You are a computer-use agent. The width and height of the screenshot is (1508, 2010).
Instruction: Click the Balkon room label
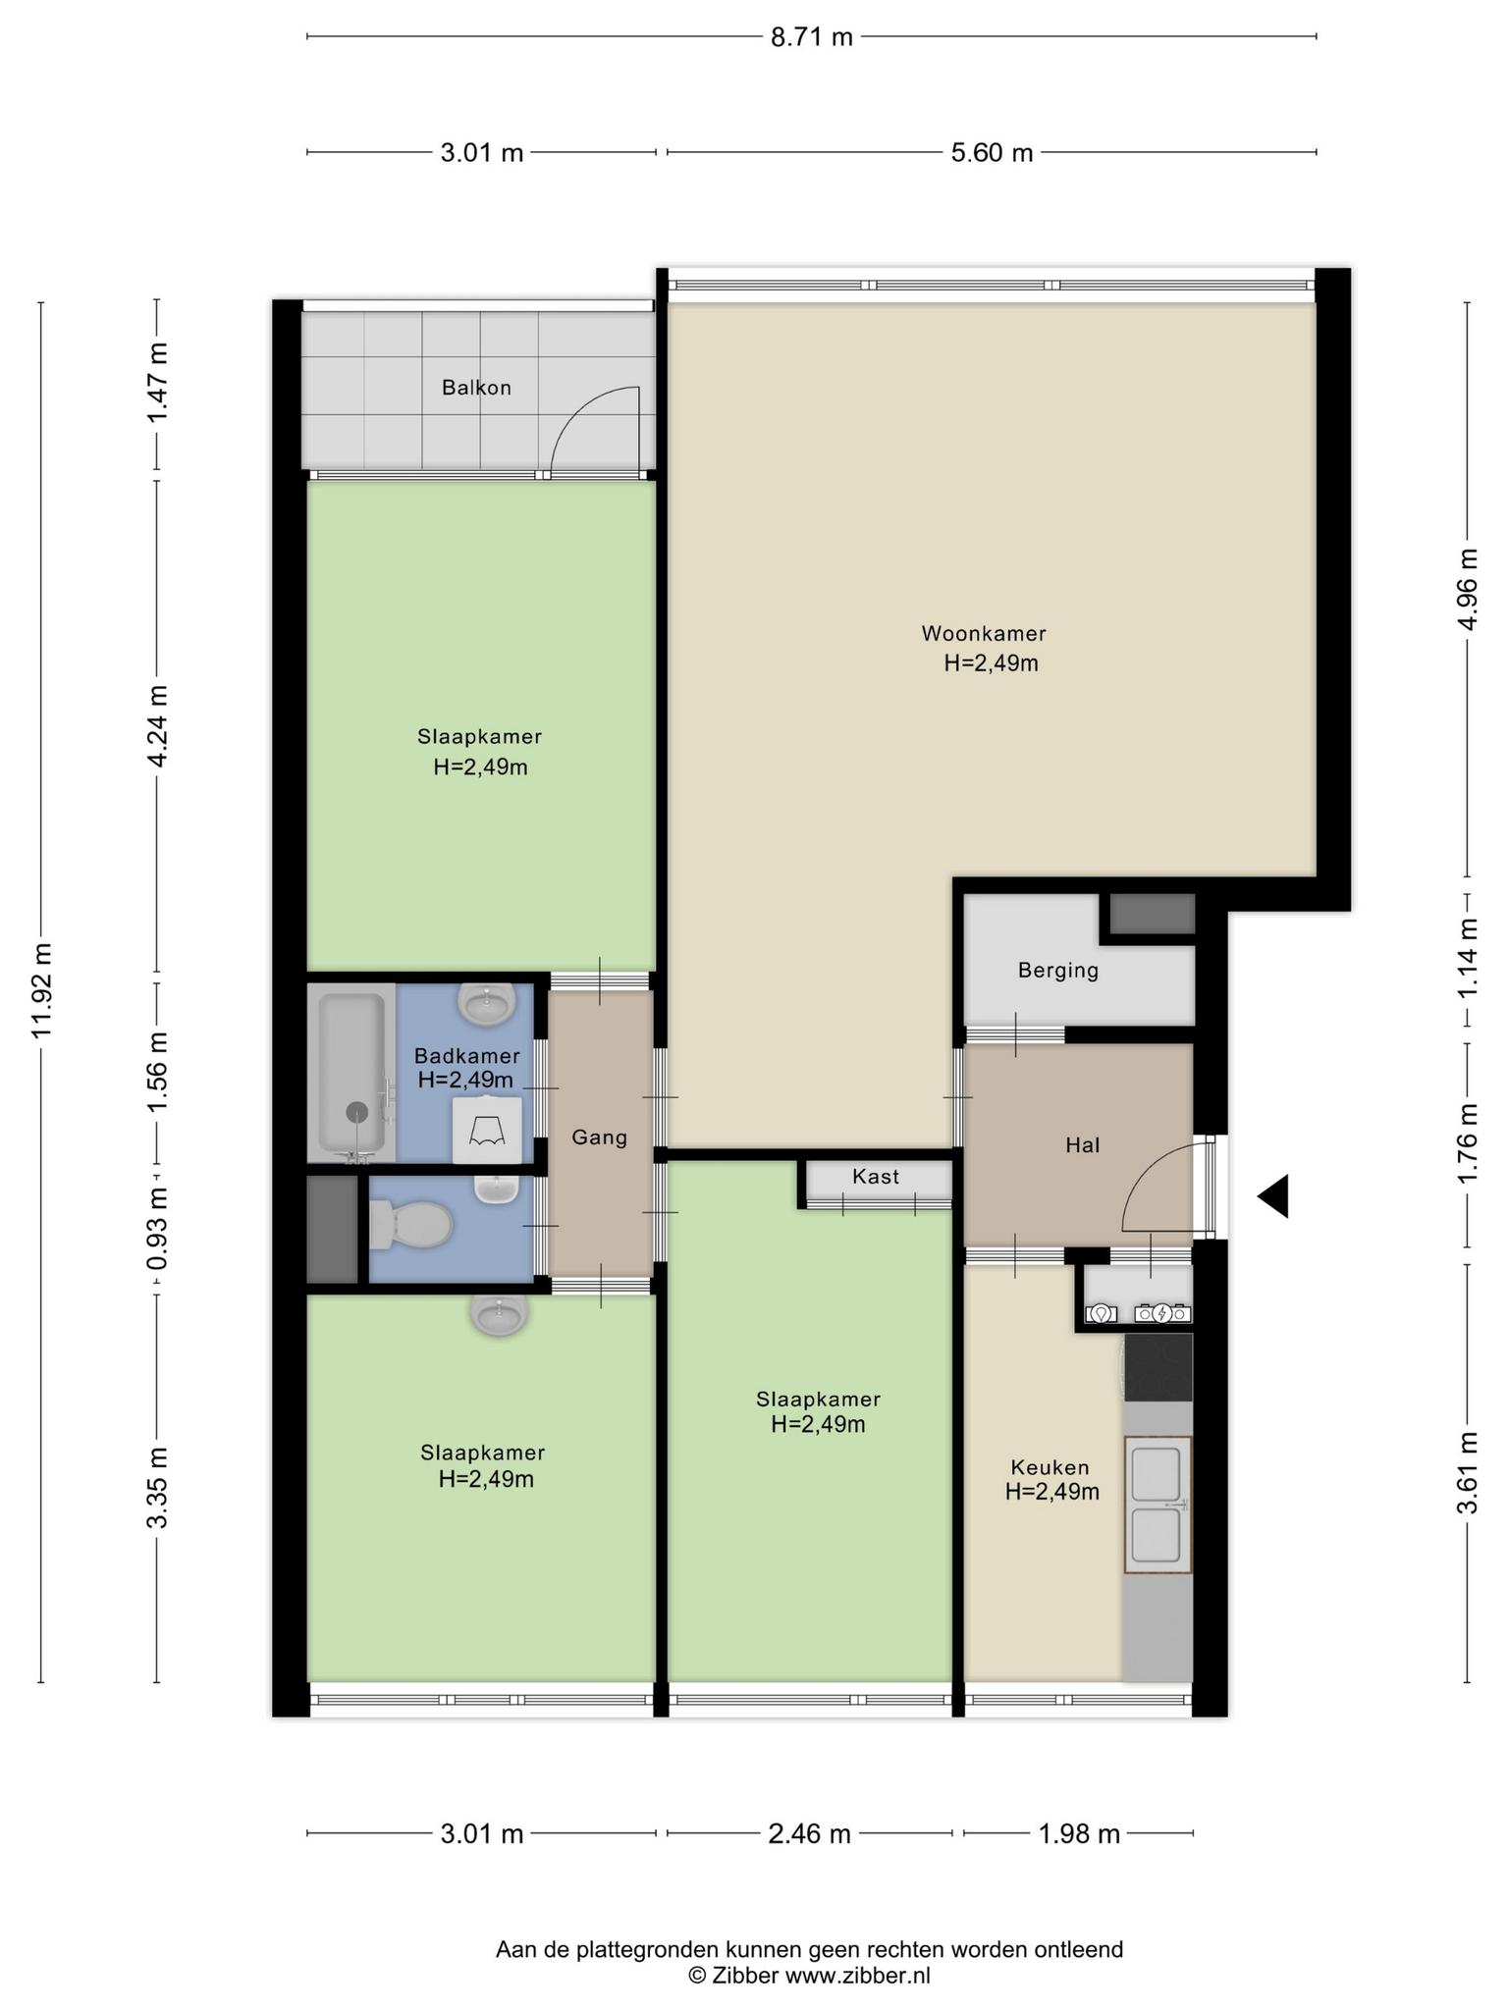coord(476,388)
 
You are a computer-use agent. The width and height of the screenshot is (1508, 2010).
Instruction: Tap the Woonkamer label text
coord(984,633)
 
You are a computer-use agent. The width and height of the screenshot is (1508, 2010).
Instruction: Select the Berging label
coord(1058,972)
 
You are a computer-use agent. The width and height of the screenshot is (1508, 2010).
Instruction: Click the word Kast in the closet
coord(876,1176)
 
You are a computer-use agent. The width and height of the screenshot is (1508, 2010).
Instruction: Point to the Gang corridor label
coord(600,1137)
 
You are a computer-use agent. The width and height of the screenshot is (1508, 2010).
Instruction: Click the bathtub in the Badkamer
coord(350,1073)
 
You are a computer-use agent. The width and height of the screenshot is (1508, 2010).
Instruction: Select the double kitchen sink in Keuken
coord(1158,1505)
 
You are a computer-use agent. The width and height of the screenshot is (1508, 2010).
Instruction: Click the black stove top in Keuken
coord(1158,1366)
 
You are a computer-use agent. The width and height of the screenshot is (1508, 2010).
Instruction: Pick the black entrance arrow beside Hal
coord(1273,1196)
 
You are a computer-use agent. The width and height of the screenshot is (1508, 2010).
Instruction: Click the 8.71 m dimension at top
coord(812,37)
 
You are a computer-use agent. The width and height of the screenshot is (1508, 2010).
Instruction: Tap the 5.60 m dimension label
coord(992,152)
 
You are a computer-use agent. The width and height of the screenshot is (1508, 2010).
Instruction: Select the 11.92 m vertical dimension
coord(40,991)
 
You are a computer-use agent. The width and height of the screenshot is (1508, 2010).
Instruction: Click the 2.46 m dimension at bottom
coord(809,1833)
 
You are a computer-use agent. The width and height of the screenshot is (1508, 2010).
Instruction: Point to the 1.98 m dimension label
coord(1079,1833)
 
